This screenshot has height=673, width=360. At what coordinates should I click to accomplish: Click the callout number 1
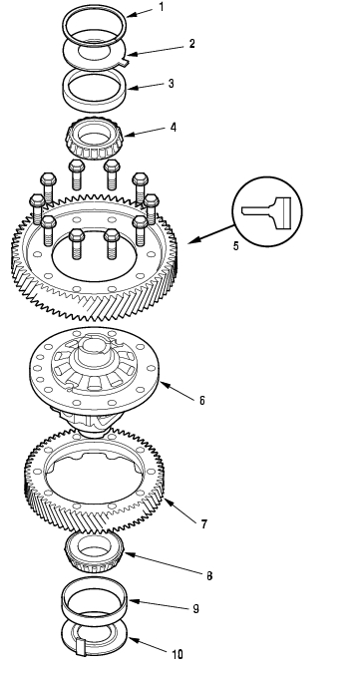(x=162, y=7)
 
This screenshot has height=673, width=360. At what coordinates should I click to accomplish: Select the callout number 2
(x=191, y=44)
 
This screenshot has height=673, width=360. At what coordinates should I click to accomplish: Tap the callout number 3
(x=171, y=84)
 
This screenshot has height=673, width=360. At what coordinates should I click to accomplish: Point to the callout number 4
(x=173, y=128)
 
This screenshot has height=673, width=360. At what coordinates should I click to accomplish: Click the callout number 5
(x=235, y=246)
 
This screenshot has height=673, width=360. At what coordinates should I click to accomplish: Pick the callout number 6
(x=202, y=401)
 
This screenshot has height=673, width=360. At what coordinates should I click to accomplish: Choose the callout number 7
(x=203, y=524)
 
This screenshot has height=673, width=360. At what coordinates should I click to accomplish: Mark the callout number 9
(x=195, y=608)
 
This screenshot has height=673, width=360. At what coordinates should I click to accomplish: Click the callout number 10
(x=178, y=654)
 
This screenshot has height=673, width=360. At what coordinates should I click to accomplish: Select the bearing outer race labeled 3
(x=95, y=102)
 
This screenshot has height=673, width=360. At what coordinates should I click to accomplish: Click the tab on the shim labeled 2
(x=125, y=62)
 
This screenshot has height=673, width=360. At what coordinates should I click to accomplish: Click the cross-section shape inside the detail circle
(x=267, y=212)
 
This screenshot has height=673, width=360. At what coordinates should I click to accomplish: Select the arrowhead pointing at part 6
(x=165, y=386)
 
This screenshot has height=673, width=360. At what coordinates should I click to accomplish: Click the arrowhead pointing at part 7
(x=168, y=503)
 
